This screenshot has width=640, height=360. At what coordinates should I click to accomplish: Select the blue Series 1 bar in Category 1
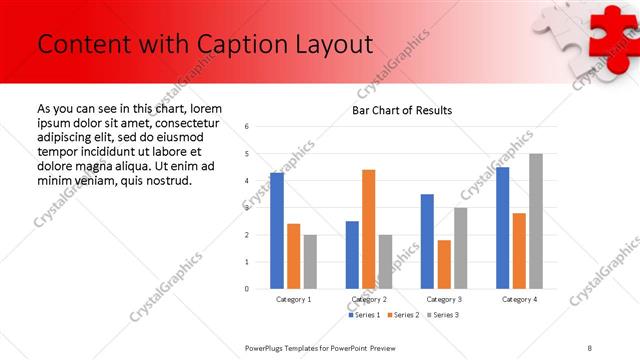(277, 230)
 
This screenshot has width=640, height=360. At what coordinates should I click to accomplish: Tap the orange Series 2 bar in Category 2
(368, 229)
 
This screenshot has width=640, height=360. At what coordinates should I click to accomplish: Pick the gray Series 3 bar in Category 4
(536, 221)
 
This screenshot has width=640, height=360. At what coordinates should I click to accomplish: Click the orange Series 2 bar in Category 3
(444, 264)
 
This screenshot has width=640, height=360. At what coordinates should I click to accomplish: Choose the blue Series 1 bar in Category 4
(502, 227)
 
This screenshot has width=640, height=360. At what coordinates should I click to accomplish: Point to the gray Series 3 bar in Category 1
(311, 261)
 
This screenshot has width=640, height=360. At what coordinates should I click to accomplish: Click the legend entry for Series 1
(363, 315)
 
